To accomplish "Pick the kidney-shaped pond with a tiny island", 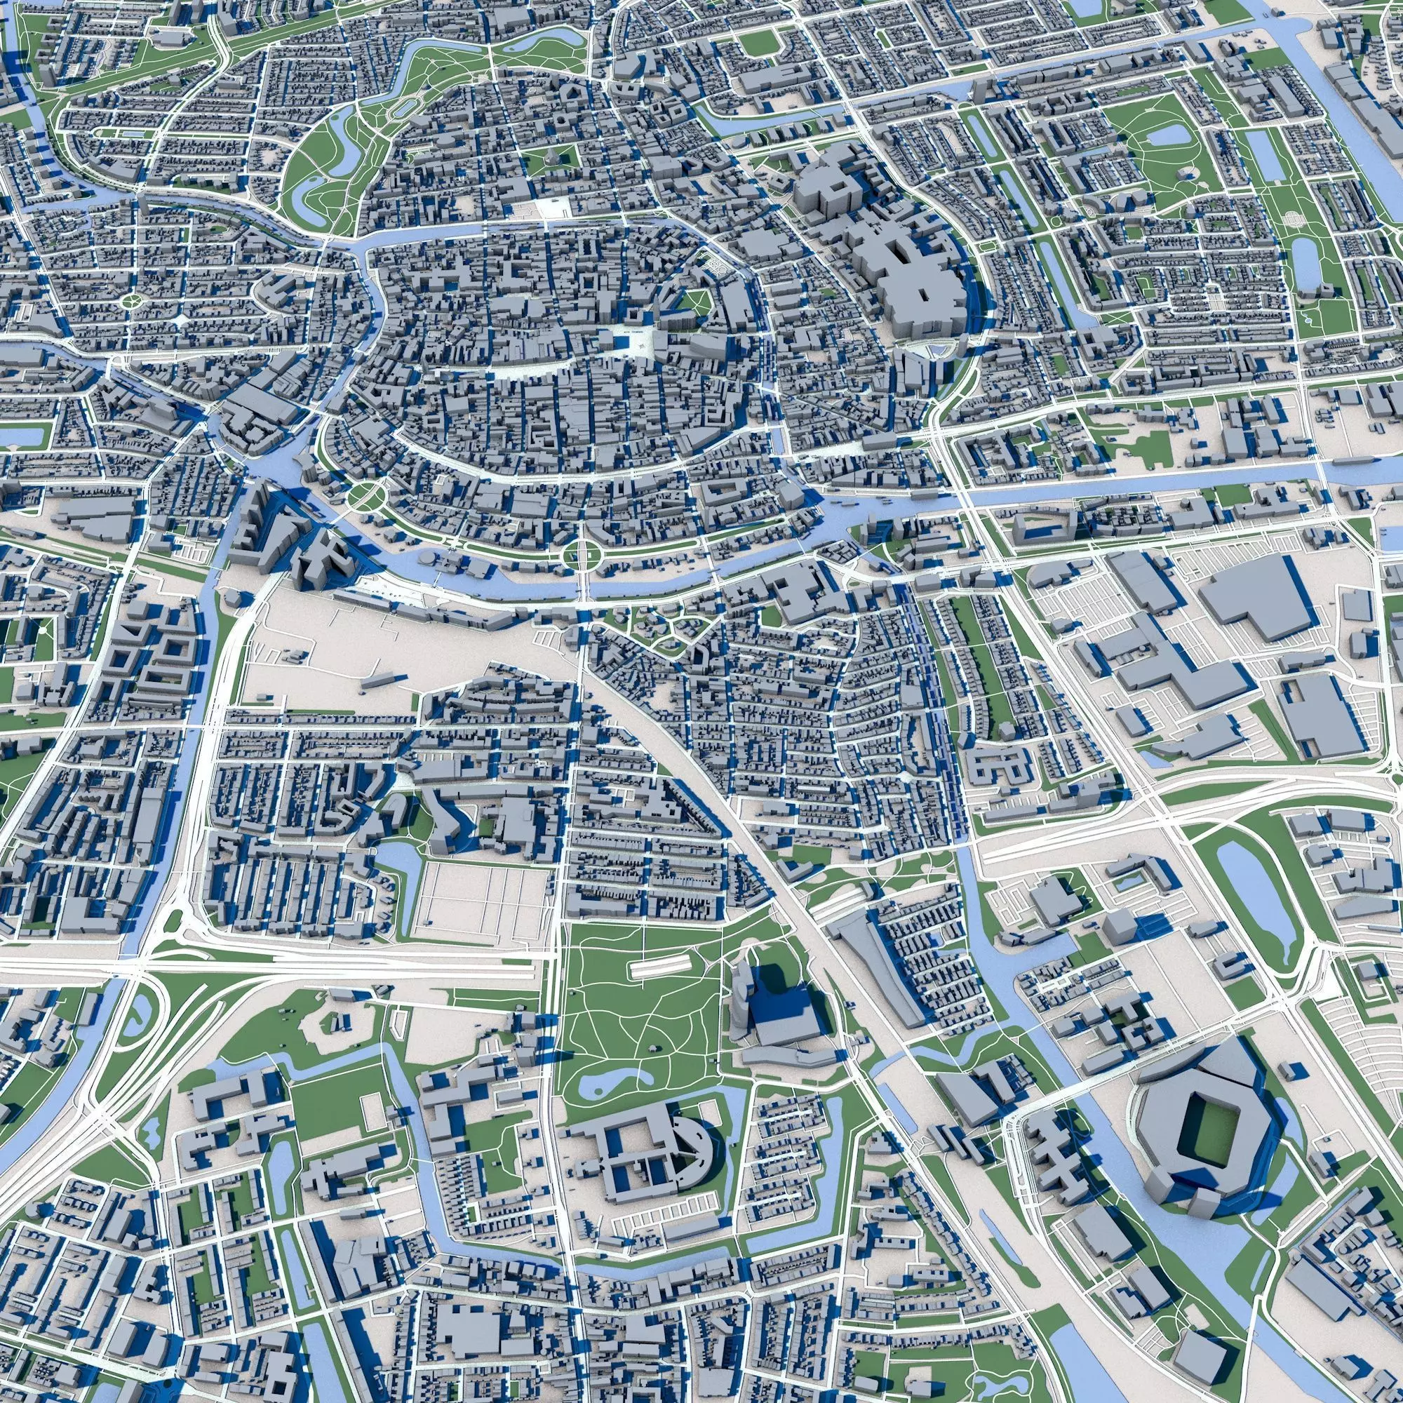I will pos(612,1082).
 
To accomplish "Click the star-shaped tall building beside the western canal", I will pos(323,559).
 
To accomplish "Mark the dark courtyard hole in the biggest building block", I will pos(923,296).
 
